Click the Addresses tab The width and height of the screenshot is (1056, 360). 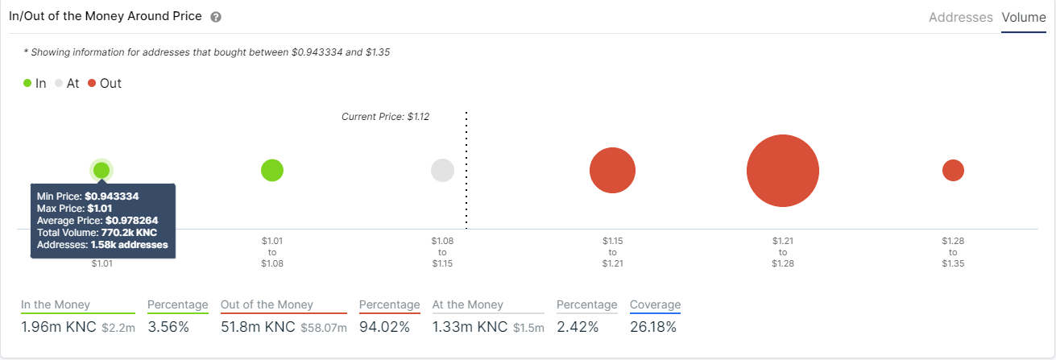point(960,17)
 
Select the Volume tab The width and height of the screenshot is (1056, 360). point(1024,17)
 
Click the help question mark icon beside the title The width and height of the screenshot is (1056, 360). point(215,17)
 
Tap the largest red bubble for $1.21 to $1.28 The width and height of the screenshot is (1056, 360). point(783,171)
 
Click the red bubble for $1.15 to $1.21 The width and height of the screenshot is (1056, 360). point(612,171)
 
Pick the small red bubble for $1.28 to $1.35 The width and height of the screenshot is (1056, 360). point(953,171)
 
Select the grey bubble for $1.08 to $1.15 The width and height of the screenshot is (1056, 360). point(442,171)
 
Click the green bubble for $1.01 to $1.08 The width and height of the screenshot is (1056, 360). point(272,170)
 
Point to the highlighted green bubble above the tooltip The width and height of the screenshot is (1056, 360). point(101,170)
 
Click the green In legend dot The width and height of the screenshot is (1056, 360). point(27,83)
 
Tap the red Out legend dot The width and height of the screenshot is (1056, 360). point(92,83)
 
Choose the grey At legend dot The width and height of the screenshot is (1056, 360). point(59,83)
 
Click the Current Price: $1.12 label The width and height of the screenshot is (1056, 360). point(385,117)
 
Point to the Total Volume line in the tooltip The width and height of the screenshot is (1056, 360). point(97,233)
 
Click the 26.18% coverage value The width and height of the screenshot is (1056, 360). point(653,327)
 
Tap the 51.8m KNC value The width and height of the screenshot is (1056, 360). point(259,327)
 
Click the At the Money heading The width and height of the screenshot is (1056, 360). point(467,305)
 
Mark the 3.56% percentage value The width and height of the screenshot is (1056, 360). point(168,327)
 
